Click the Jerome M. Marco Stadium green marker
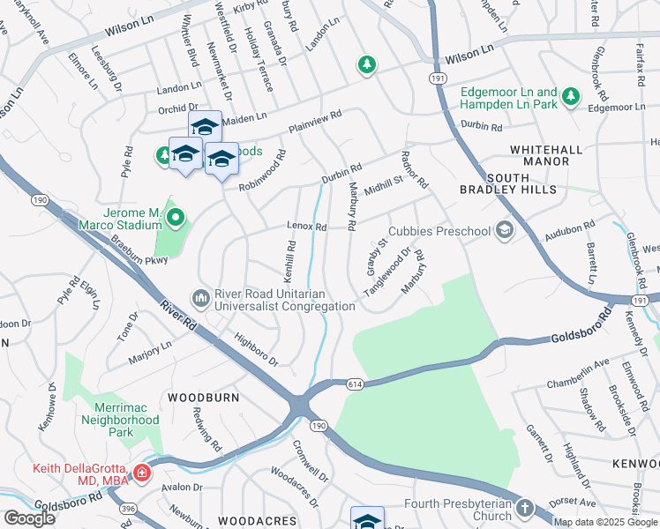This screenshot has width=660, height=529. click(176, 216)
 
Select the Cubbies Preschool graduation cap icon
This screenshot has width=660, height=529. click(504, 231)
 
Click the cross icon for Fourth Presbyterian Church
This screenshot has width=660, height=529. click(525, 510)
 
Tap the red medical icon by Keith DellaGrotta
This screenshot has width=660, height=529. click(141, 473)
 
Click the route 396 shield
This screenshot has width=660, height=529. click(129, 509)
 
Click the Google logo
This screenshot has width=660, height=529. click(29, 518)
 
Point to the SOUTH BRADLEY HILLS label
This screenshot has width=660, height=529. click(508, 190)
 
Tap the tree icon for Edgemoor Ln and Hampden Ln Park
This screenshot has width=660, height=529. click(572, 96)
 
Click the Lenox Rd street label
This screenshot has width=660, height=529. click(306, 227)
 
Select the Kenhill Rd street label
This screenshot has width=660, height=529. click(289, 257)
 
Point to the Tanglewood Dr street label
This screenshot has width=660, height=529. click(389, 272)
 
